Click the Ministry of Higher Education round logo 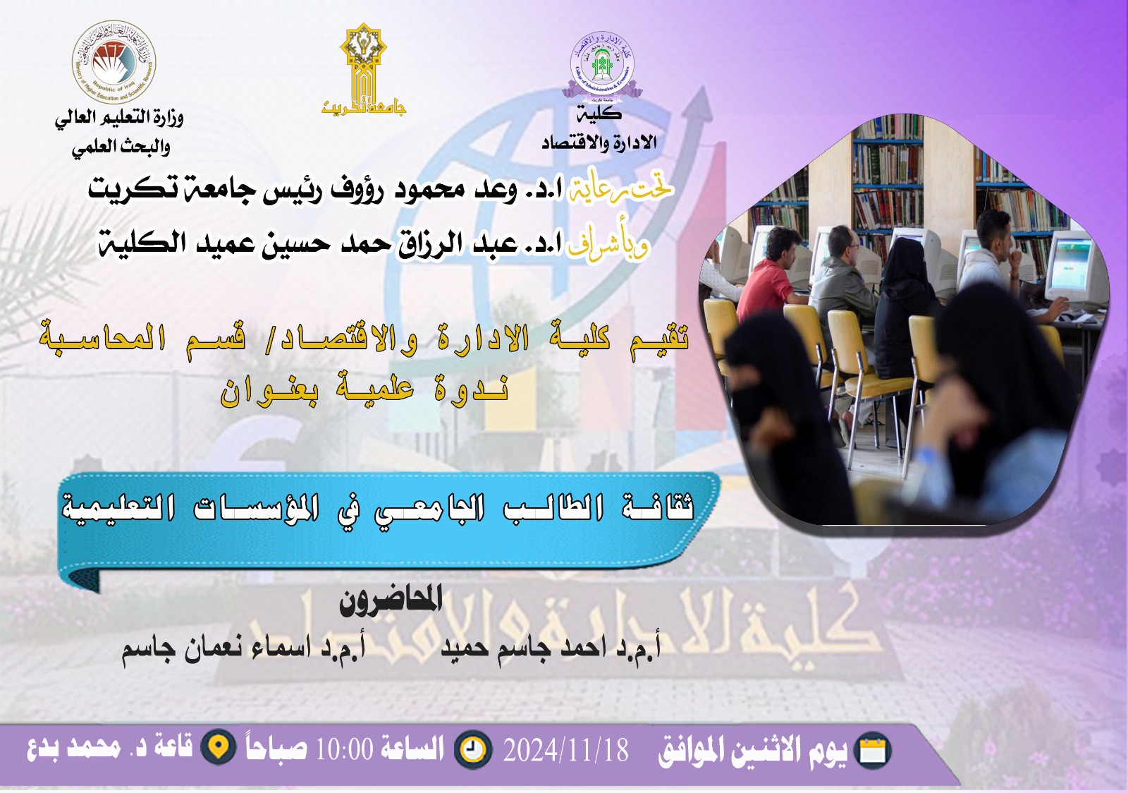click(114, 63)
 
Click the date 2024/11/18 click(565, 750)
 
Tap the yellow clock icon click(473, 749)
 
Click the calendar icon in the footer click(873, 751)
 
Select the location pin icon click(219, 748)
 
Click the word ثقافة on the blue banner click(658, 507)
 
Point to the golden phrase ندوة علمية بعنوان click(364, 389)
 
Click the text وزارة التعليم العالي click(119, 117)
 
